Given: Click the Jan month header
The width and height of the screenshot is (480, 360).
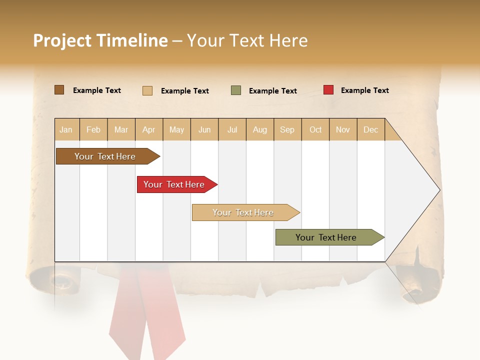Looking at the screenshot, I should pos(66,129).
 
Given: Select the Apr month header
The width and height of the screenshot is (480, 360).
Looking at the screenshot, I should pos(149,129).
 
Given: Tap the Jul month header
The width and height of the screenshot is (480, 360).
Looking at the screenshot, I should pos(232,129).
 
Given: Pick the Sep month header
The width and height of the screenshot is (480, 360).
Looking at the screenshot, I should pos(287,129).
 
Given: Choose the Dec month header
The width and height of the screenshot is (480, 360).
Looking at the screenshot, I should pos(370,129).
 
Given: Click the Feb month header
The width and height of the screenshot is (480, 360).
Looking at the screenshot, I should pos(93,129).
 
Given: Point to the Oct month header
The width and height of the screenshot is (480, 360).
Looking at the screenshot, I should pos(315,129).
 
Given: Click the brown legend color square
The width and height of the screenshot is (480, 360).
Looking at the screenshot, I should pos(59,90).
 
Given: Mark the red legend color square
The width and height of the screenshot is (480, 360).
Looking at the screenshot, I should pos(328,90).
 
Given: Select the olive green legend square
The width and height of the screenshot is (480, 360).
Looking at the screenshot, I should pos(236,90).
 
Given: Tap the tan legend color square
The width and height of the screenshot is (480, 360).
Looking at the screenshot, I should pos(147,90).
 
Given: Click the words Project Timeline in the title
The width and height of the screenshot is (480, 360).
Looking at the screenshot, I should pos(100,40).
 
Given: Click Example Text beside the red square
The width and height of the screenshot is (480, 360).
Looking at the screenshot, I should pos(364,90).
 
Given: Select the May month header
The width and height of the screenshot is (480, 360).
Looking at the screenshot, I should pos(176,129).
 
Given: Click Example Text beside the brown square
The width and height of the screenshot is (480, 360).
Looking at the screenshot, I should pos(97,90).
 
